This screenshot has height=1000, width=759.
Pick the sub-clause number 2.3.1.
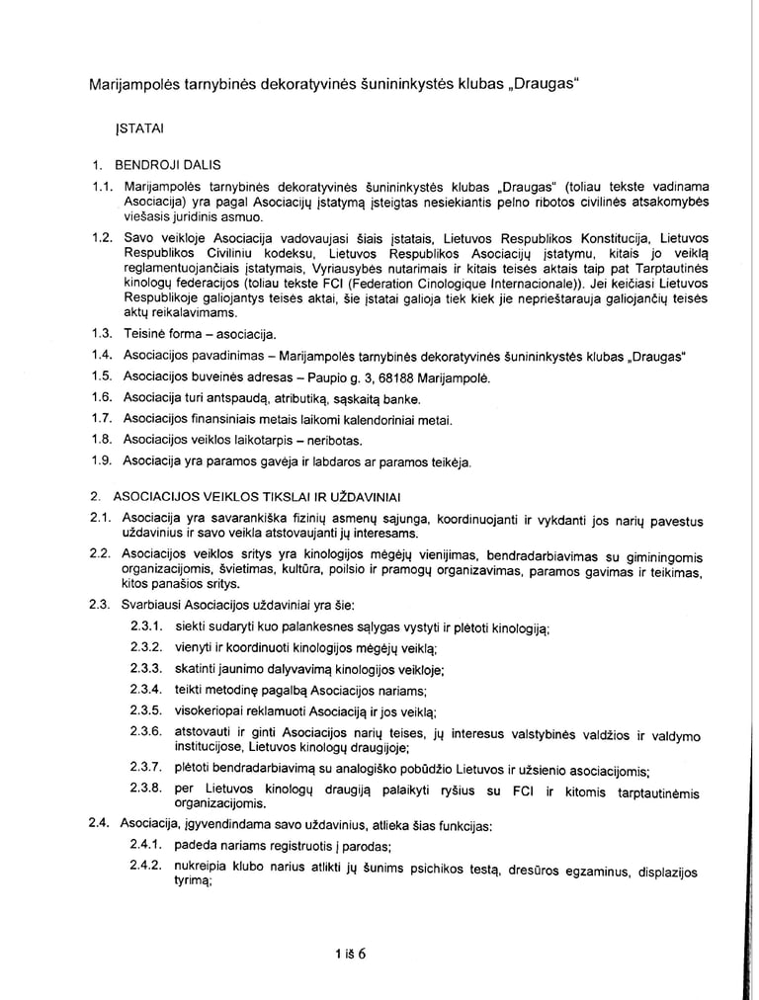(145, 627)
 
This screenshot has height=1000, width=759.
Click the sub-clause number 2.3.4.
(145, 690)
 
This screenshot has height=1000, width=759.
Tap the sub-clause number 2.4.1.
(145, 846)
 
